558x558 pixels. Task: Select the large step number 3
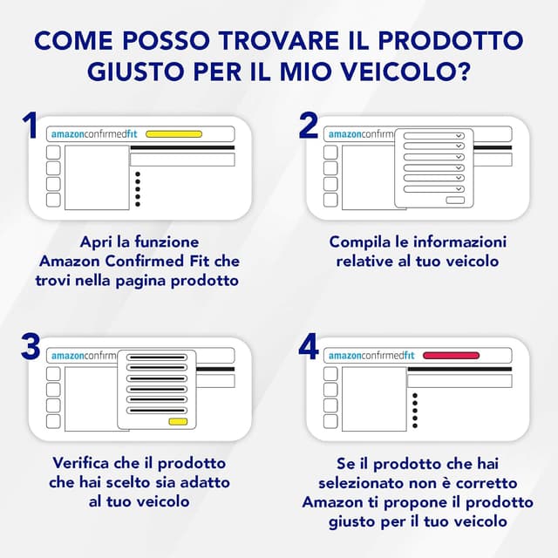point(31,346)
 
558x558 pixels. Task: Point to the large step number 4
point(309,346)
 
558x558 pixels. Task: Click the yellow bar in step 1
point(174,134)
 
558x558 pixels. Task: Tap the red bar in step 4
point(452,356)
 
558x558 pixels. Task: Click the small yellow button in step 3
point(178,422)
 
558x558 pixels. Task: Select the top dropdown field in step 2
point(434,136)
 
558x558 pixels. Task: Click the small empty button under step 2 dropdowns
point(455,201)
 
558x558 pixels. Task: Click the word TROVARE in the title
point(278,41)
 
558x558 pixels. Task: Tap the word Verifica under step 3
point(80,463)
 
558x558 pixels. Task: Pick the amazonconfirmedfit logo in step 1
point(94,134)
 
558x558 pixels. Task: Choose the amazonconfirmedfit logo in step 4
point(371,356)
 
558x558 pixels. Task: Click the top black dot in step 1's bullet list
point(138,174)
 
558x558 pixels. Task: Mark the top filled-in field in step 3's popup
point(157,357)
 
